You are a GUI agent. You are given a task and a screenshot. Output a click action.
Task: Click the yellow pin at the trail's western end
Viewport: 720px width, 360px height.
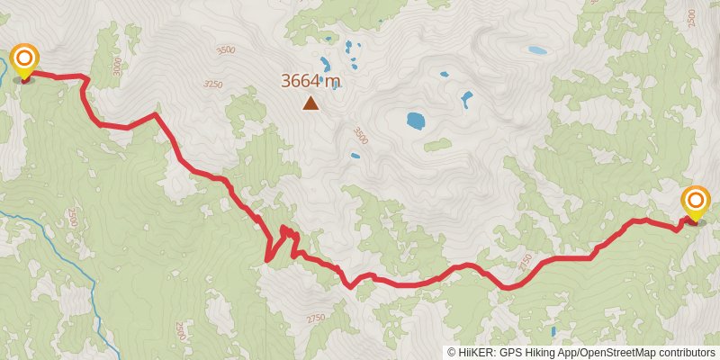tap(23, 60)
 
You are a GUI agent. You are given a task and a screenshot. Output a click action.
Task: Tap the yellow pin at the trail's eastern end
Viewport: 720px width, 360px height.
tap(697, 202)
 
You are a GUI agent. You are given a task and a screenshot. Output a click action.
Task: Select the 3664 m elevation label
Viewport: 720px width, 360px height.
tap(310, 81)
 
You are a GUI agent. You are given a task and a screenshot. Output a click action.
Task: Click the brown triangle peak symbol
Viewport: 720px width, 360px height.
tap(310, 103)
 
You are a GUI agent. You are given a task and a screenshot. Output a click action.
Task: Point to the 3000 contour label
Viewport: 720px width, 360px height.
tap(116, 66)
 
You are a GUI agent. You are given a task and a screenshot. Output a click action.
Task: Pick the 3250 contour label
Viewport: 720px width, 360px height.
tap(212, 84)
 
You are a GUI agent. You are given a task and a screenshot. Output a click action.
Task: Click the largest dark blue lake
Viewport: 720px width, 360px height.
tap(415, 120)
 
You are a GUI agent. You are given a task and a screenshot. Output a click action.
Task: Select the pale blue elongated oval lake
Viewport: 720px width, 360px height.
tap(537, 50)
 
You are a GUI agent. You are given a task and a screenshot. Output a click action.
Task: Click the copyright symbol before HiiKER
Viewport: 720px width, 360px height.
tap(452, 352)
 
